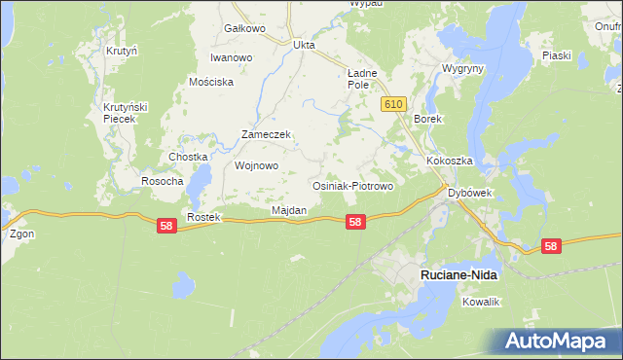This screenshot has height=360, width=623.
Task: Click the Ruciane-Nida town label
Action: tap(458, 275)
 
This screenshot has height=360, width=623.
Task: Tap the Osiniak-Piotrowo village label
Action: tap(351, 186)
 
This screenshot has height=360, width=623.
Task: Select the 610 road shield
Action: tap(392, 104)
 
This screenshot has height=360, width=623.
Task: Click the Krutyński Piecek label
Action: tap(124, 111)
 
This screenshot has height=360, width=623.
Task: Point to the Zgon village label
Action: tap(22, 234)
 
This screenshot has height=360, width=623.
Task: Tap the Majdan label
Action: tap(289, 210)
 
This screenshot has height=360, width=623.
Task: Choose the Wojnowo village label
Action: tap(257, 165)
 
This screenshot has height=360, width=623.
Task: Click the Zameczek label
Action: tap(267, 135)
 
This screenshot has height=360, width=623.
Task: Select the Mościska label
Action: tap(212, 83)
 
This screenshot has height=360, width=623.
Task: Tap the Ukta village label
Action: tap(305, 45)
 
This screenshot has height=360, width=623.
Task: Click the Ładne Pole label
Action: tap(362, 79)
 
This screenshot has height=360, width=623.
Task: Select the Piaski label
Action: tap(556, 55)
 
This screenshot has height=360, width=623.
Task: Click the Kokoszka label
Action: tap(449, 161)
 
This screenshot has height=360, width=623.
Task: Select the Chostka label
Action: tap(189, 157)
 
